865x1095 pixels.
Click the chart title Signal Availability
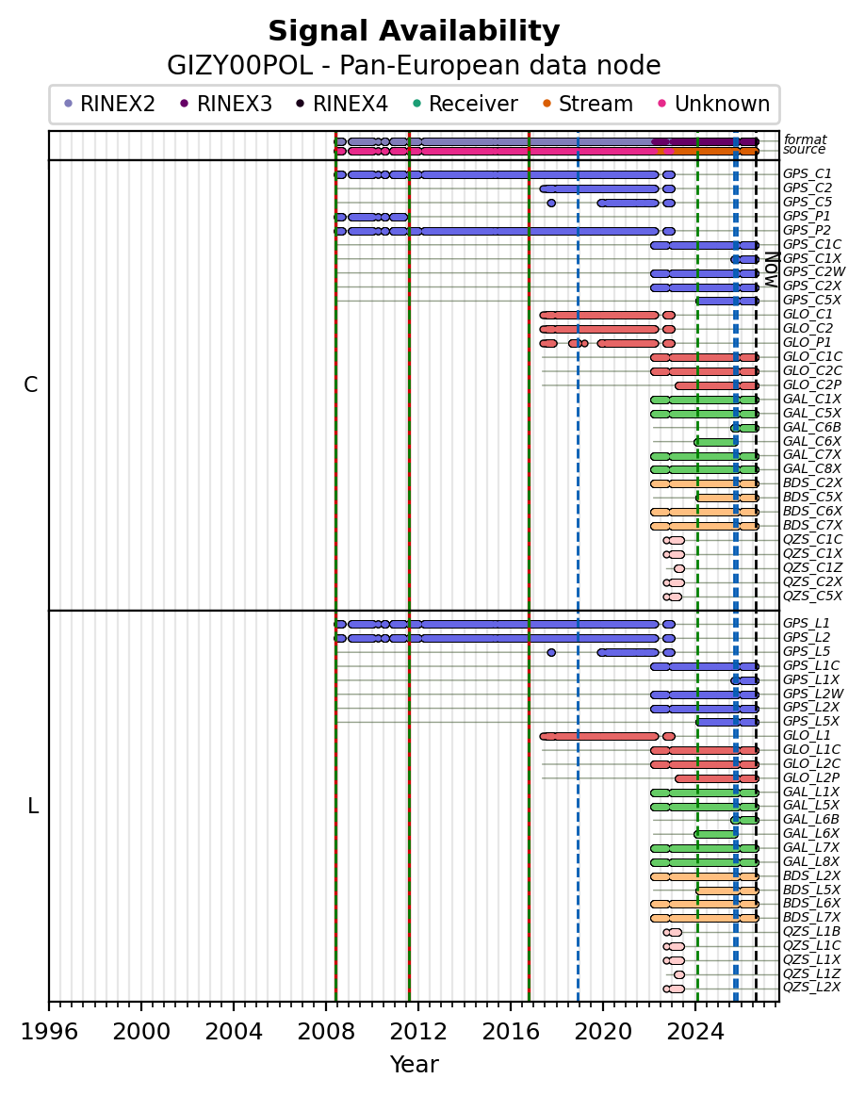414,31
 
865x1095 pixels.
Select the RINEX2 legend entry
109,104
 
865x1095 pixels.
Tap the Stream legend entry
588,104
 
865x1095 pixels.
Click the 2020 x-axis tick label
603,1032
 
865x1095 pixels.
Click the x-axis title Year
414,1064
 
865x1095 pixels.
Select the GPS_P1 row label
807,217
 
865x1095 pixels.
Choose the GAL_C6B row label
811,428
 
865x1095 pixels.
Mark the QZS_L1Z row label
811,973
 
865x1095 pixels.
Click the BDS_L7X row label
811,918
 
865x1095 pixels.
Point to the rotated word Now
771,270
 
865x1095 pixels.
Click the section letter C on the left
31,384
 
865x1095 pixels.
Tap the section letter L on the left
32,807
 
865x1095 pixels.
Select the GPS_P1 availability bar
370,217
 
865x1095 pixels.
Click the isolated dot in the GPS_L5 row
551,652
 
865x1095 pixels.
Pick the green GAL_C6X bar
715,442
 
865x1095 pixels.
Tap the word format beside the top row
805,139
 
